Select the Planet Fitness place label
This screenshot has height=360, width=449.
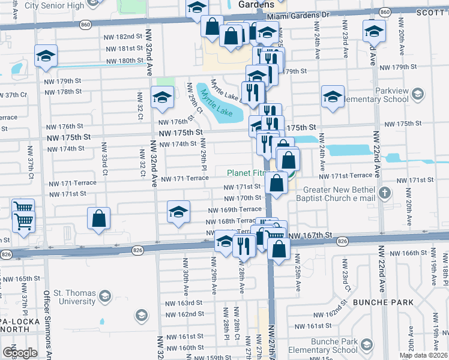tap(246, 173)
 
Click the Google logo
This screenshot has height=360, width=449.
tap(19, 352)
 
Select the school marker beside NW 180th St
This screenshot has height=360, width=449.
tap(46, 56)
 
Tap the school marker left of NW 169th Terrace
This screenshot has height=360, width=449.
tap(178, 212)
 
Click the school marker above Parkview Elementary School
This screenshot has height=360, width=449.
tap(332, 97)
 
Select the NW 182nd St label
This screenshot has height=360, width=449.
tap(125, 37)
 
